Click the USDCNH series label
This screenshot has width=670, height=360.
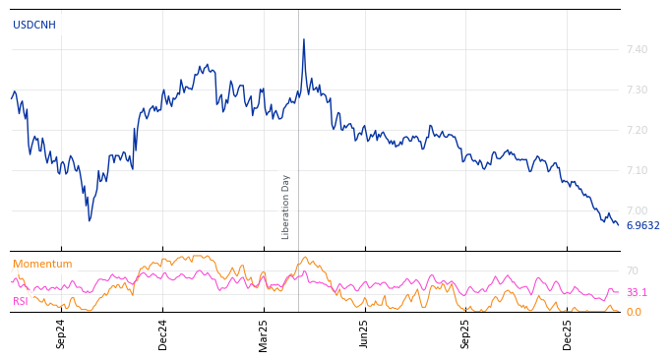pyautogui.click(x=34, y=25)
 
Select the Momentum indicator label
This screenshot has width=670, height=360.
pyautogui.click(x=42, y=264)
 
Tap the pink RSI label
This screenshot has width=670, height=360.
pyautogui.click(x=21, y=301)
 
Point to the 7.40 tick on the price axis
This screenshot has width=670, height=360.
pyautogui.click(x=637, y=49)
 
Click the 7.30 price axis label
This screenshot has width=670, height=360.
pyautogui.click(x=637, y=90)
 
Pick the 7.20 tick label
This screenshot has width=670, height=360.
pyautogui.click(x=637, y=130)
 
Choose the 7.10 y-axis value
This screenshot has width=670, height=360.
pyautogui.click(x=637, y=170)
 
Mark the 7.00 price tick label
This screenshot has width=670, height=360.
pyautogui.click(x=637, y=210)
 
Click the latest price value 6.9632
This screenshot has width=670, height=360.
pyautogui.click(x=642, y=225)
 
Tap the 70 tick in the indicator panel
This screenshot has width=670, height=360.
pyautogui.click(x=633, y=270)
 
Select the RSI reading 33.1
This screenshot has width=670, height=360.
pyautogui.click(x=637, y=292)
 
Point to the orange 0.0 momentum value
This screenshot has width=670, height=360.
pyautogui.click(x=634, y=312)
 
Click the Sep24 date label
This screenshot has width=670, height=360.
pyautogui.click(x=61, y=333)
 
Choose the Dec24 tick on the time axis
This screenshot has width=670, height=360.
pyautogui.click(x=163, y=333)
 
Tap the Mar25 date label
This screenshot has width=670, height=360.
pyautogui.click(x=264, y=333)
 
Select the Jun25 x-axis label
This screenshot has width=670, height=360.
pyautogui.click(x=364, y=333)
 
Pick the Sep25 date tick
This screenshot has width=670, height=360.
pyautogui.click(x=465, y=333)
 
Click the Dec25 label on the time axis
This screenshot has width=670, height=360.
pyautogui.click(x=568, y=333)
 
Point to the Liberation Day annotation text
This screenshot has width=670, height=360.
pyautogui.click(x=286, y=207)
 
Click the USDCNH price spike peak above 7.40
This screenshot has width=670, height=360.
pyautogui.click(x=303, y=39)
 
